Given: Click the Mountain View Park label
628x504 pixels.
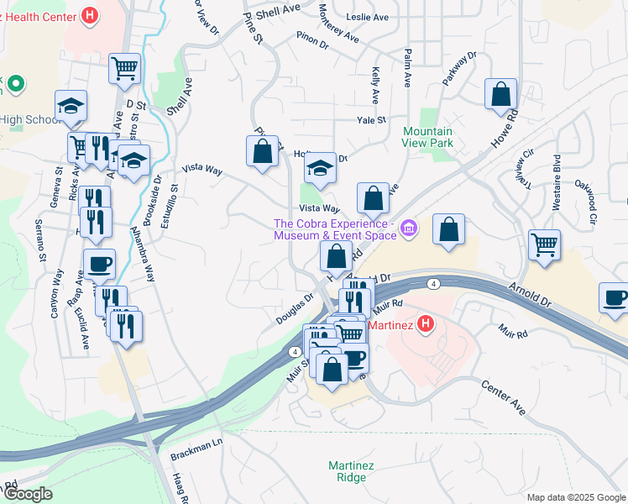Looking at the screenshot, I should point(427,137).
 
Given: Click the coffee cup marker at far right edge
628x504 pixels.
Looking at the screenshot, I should point(614,298).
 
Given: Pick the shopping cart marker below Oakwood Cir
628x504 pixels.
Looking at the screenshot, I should point(545,245).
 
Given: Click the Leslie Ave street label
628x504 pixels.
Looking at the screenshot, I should point(369,17).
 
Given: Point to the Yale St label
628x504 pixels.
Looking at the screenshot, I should point(370,121).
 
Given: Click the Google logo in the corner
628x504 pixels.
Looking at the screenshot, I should point(27,494).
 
